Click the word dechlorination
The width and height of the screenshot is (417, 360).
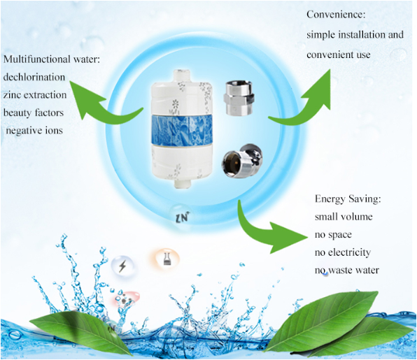tap(34, 77)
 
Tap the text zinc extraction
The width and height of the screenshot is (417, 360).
tap(35, 95)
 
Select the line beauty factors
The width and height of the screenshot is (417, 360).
tap(34, 113)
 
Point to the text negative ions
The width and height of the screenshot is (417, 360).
tap(34, 131)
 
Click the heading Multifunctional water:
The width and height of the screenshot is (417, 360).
tap(52, 59)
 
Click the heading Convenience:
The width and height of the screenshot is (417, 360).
tap(336, 15)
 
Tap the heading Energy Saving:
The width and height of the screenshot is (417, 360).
tap(348, 199)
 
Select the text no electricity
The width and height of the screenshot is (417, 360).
tap(343, 252)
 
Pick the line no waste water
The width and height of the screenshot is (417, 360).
tap(347, 270)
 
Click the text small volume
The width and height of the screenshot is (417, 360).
tap(344, 217)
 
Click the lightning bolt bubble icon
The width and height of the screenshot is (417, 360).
tap(122, 266)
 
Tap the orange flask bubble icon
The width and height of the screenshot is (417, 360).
tap(167, 259)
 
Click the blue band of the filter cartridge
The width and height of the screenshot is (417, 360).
tap(182, 130)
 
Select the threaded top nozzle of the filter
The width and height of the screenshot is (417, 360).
tap(181, 75)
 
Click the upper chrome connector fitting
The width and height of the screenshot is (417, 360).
tap(239, 99)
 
